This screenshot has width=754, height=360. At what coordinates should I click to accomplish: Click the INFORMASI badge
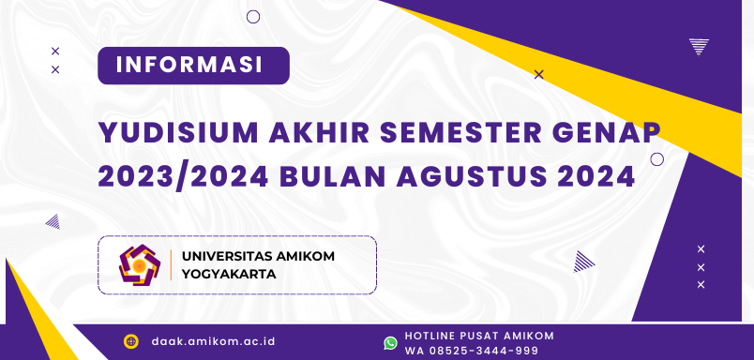coord(193,66)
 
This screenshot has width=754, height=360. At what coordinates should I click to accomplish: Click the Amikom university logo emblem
coord(140,265)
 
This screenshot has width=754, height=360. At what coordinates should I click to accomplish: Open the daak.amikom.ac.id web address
coord(213,342)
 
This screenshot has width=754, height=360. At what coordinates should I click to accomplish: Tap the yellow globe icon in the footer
coord(131,342)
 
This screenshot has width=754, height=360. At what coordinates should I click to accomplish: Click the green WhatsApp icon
coord(390,343)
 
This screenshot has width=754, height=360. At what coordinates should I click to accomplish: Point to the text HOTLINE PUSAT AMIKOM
coord(479,336)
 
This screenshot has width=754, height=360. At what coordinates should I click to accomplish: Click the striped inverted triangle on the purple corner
coord(698,46)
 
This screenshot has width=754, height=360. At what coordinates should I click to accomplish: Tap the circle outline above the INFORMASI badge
coord(253,16)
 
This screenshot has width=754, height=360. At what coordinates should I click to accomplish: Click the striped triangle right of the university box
coord(584,261)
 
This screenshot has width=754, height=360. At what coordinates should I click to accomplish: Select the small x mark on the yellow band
coord(538,74)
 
